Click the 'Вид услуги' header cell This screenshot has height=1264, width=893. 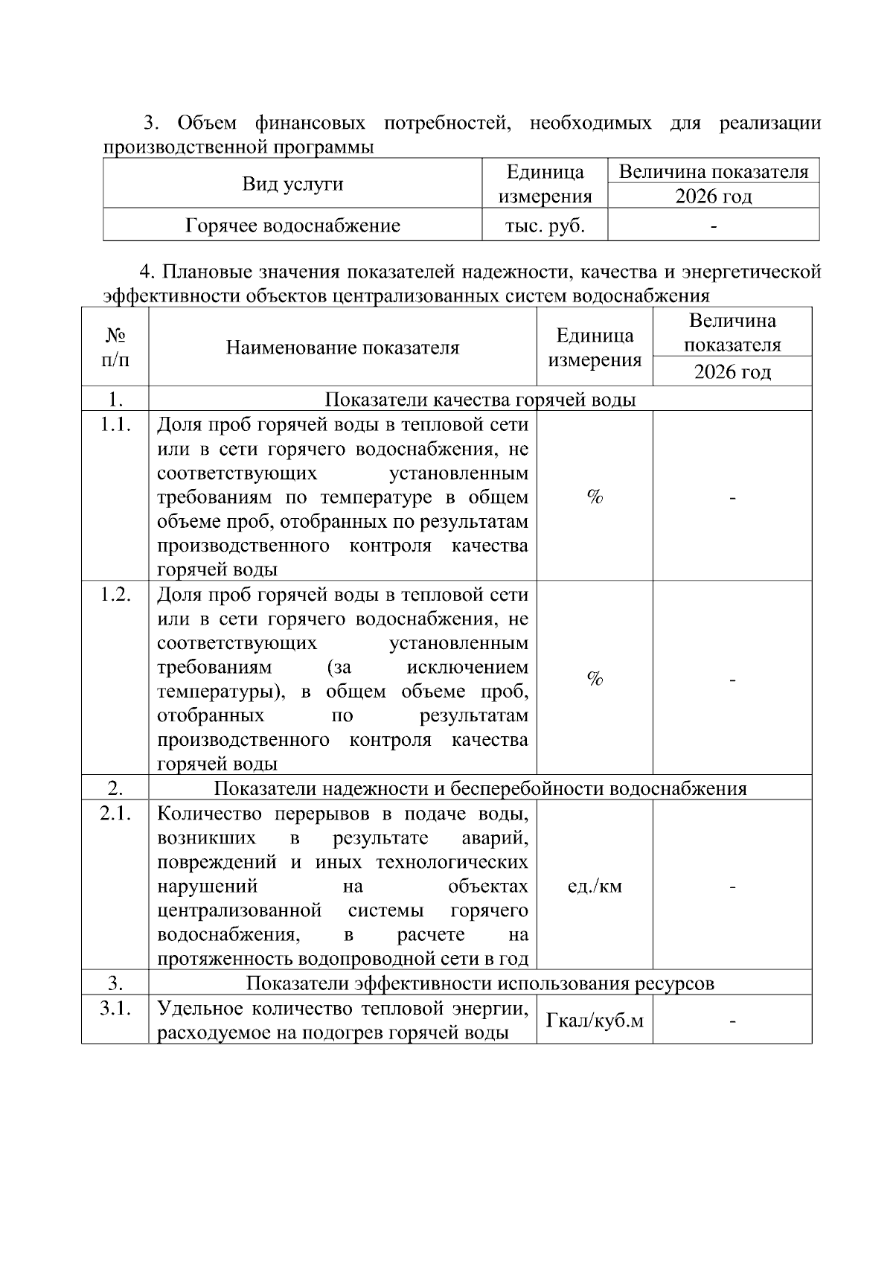click(292, 184)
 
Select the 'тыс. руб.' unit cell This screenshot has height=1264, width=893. click(545, 226)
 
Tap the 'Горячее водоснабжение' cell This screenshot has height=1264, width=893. click(292, 226)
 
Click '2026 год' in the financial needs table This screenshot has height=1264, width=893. click(713, 197)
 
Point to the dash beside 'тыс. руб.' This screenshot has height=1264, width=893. click(713, 226)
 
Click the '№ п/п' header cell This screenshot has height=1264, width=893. click(115, 348)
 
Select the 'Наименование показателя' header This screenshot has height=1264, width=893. click(342, 348)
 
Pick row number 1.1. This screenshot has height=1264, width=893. click(115, 425)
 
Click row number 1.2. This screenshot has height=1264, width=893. click(115, 595)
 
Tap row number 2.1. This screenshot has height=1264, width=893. click(115, 814)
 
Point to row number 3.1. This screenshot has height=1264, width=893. click(115, 1009)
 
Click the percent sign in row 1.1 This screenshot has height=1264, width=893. click(595, 497)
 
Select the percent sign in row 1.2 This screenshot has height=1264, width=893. click(595, 678)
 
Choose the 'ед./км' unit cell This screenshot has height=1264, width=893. click(595, 886)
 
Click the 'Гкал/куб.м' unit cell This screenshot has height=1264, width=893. click(595, 1021)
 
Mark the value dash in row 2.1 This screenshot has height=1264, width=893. click(732, 887)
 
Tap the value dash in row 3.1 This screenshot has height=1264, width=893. click(732, 1021)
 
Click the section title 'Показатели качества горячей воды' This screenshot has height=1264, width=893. click(480, 400)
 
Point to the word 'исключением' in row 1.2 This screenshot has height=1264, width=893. click(467, 667)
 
